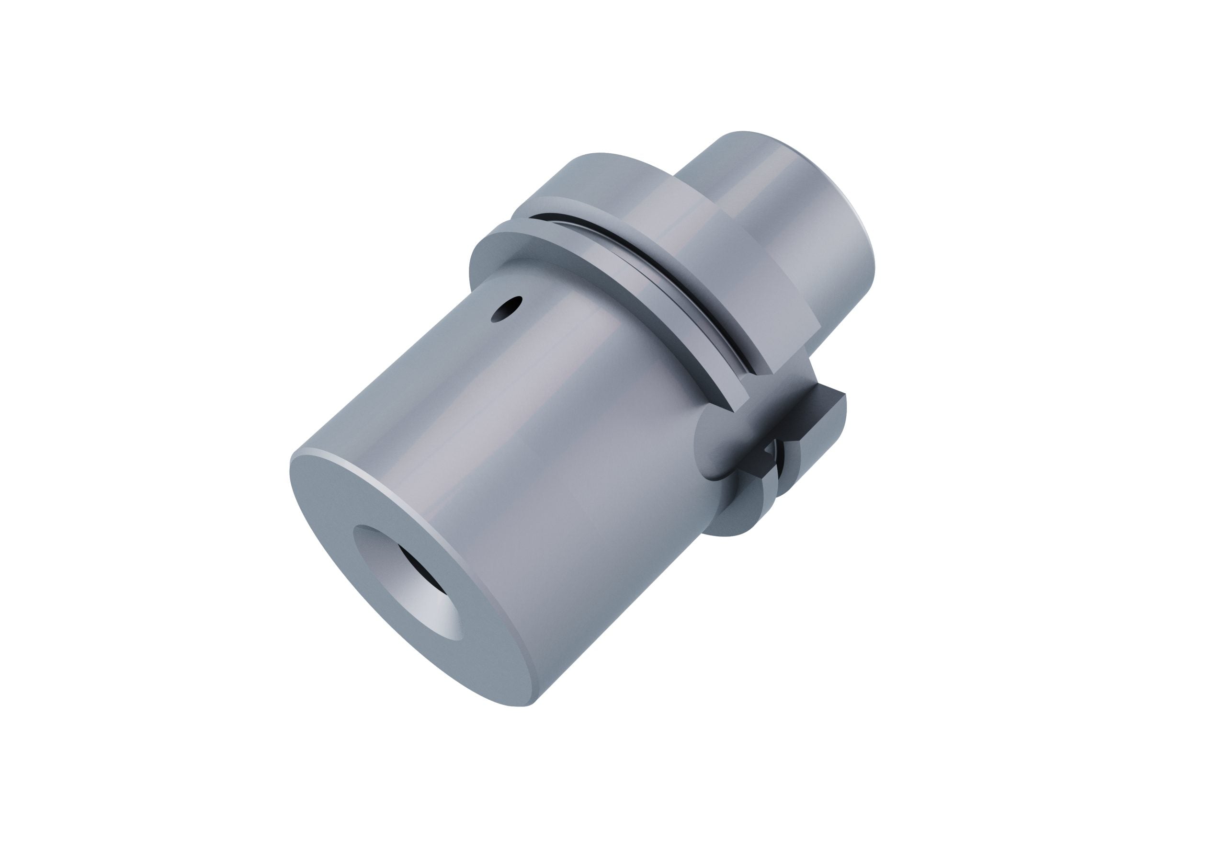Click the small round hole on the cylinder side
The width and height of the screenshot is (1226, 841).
point(506,308)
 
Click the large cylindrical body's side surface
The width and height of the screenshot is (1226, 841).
point(528,475)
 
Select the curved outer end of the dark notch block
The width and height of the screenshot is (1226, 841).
point(839,417)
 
